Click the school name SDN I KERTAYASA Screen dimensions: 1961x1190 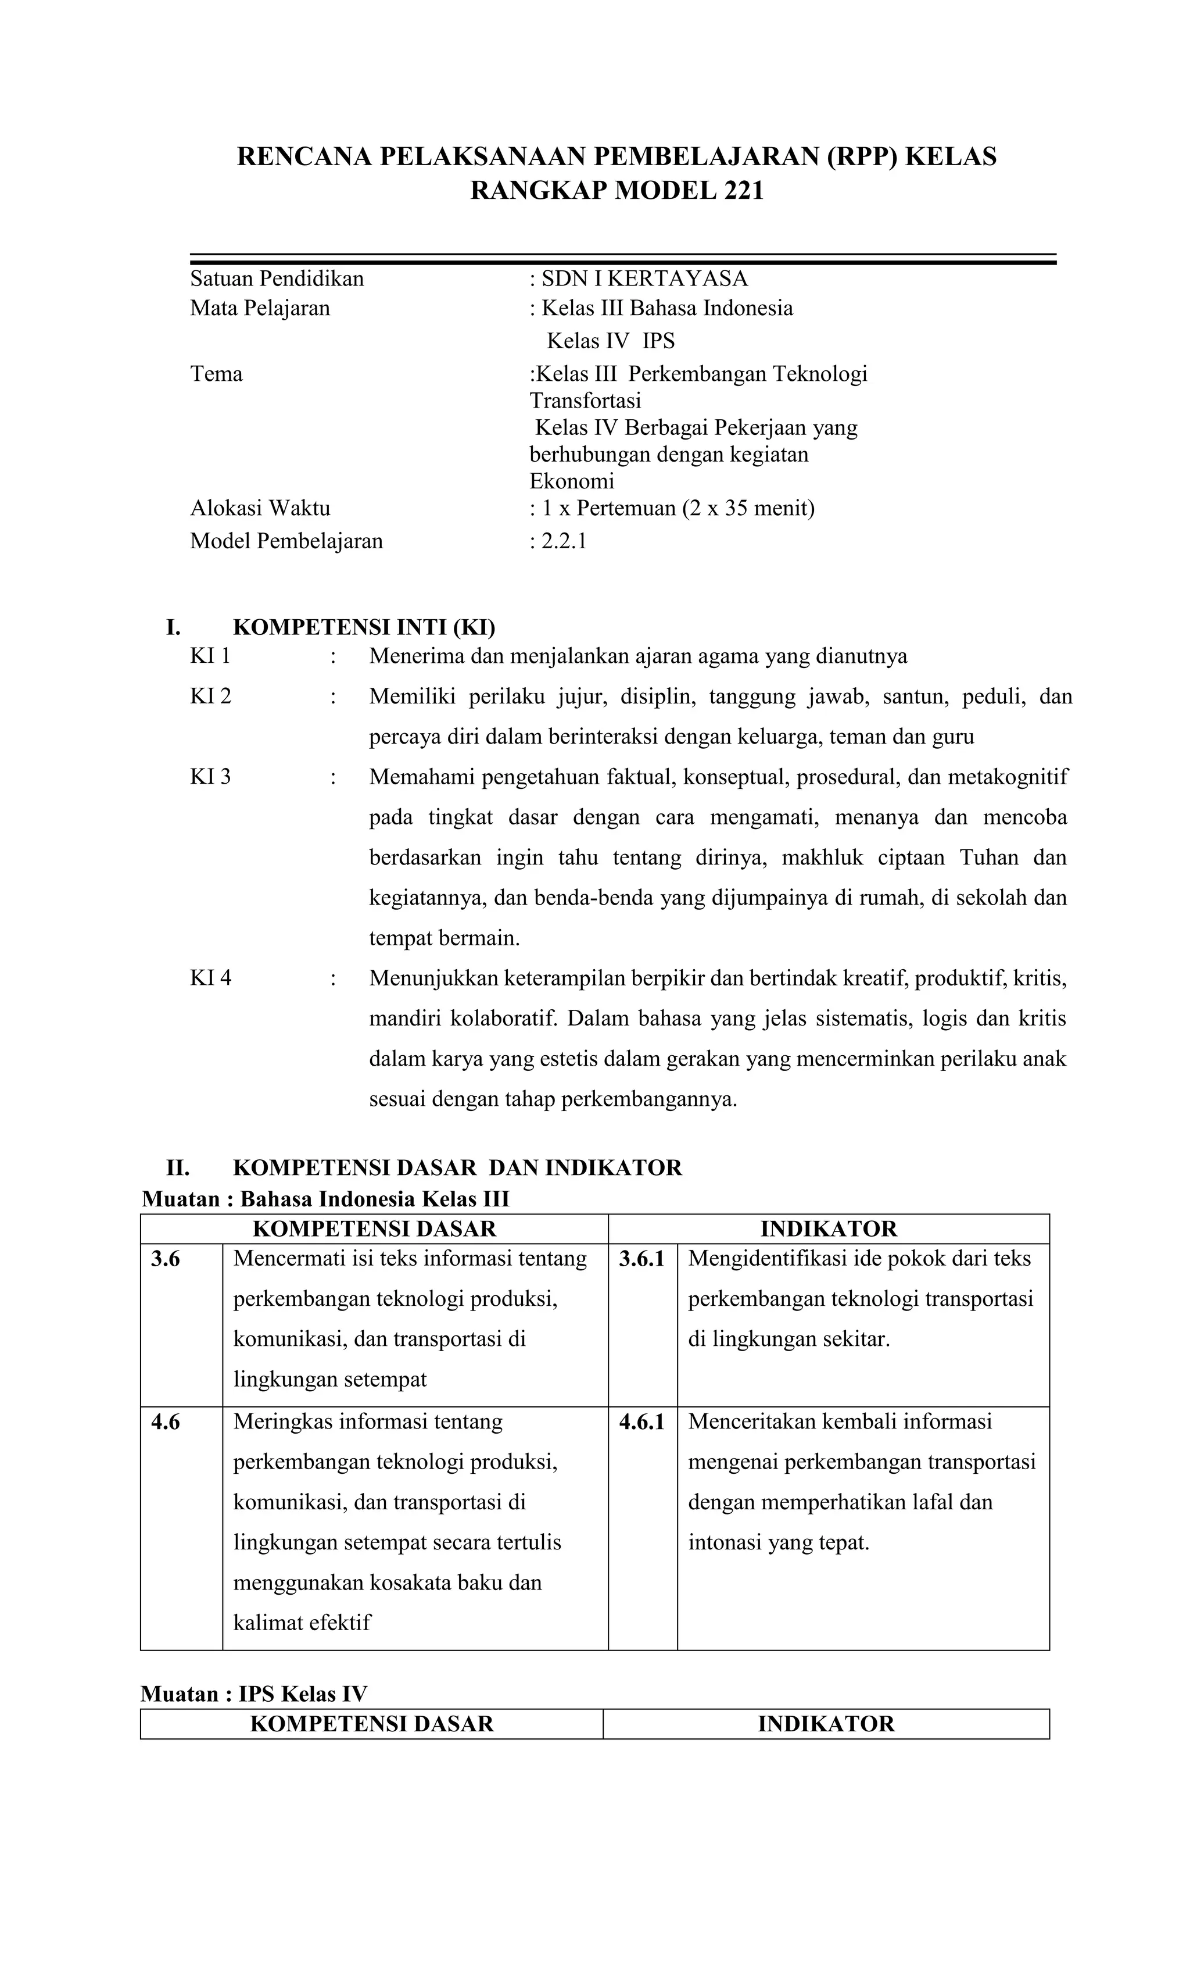coord(644,278)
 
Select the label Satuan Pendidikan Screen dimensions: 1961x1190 coord(277,278)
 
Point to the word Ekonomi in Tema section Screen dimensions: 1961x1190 coord(571,481)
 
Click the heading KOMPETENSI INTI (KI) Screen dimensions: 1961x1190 coord(364,627)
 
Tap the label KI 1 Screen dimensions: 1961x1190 coord(210,656)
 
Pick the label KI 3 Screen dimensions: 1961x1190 coord(210,776)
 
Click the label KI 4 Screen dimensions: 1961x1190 coord(210,978)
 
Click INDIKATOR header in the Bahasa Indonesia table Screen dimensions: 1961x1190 coord(828,1229)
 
